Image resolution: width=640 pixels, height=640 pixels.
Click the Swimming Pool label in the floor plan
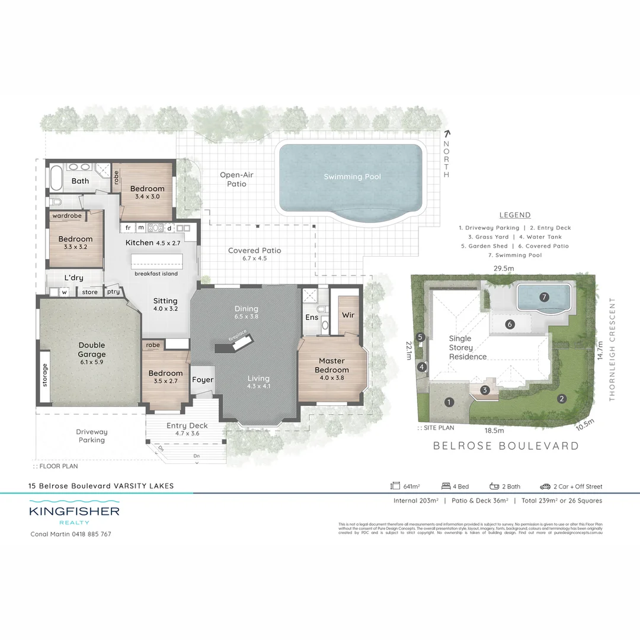[x=352, y=177]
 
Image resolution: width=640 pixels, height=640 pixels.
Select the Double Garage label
[x=91, y=350]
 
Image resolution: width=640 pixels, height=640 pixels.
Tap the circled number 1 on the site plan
[x=449, y=402]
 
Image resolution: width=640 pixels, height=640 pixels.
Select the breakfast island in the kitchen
[x=156, y=261]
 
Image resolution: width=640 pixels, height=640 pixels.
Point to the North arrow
[x=447, y=135]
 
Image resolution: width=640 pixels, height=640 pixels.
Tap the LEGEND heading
[x=515, y=215]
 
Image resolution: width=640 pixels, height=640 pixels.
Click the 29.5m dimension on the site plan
[x=503, y=268]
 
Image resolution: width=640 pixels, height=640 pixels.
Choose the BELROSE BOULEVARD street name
[x=505, y=446]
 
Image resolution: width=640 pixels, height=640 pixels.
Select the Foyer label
[x=203, y=380]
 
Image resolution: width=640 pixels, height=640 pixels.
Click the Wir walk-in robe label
[x=348, y=315]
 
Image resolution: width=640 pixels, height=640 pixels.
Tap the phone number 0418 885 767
[x=89, y=534]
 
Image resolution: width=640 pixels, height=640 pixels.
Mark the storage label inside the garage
[x=45, y=375]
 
